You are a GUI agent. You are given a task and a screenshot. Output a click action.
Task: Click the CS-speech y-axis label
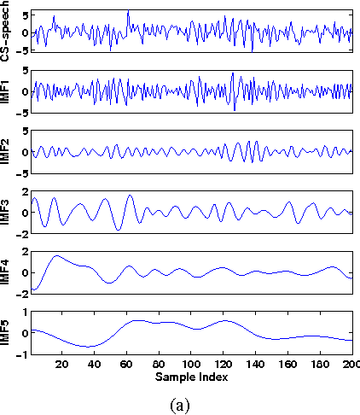coord(7,32)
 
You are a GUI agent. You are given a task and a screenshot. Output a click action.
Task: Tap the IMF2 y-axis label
coord(7,151)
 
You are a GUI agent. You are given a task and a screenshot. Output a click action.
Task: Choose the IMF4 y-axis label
coord(7,272)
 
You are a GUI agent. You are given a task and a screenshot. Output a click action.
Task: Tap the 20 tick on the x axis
coord(61,364)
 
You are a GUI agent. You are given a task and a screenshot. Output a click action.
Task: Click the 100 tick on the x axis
coord(192,364)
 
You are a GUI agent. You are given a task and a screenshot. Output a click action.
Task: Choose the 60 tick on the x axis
coord(127,364)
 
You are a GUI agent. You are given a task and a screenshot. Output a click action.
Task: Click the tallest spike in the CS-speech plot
coord(128,12)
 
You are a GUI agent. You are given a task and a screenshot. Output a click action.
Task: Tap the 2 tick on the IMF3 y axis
coord(24,192)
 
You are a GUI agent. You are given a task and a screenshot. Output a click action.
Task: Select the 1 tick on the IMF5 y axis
coord(24,313)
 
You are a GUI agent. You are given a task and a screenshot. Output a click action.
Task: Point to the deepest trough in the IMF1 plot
coord(234,109)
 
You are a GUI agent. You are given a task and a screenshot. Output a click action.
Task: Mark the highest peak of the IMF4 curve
coord(57,255)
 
